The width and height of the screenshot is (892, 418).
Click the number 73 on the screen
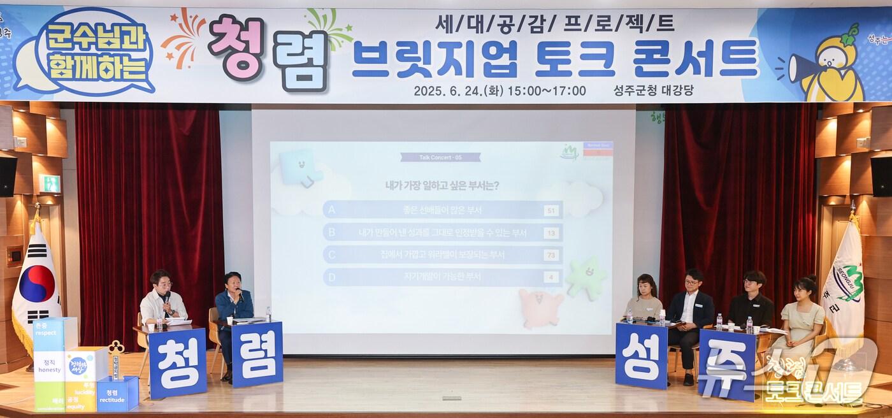(x=551, y=255)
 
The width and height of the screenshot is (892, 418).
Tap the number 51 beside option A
(x=551, y=210)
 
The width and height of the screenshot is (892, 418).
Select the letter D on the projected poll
(x=331, y=277)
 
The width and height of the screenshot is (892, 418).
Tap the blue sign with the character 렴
(x=257, y=354)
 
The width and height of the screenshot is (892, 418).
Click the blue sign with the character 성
(x=640, y=356)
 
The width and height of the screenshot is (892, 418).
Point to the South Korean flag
(x=36, y=284)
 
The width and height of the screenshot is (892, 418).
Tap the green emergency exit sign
(x=50, y=184)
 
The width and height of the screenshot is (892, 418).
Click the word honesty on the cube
(x=49, y=370)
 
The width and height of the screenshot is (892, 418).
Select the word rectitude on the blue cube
(x=111, y=400)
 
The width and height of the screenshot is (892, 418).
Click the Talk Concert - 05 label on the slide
(x=440, y=157)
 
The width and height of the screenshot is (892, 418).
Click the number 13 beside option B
(x=551, y=233)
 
